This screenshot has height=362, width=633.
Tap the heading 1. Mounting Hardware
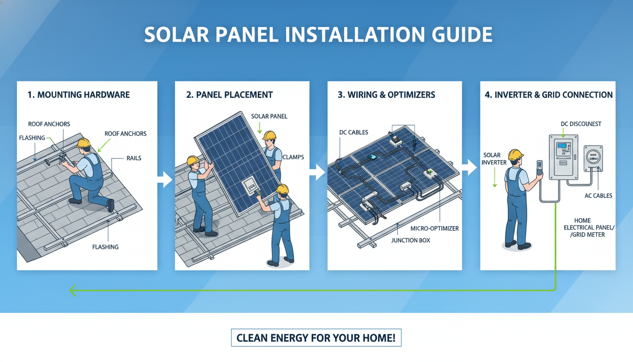[78, 95]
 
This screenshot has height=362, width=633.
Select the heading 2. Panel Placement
[229, 95]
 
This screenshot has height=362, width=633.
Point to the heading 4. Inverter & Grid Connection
[549, 95]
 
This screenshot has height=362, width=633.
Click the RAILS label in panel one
[134, 158]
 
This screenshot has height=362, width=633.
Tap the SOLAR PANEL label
[269, 116]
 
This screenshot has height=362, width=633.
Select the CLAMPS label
[293, 157]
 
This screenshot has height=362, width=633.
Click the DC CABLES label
[353, 132]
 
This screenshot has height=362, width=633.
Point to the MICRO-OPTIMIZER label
[434, 229]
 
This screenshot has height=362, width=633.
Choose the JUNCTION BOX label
[411, 240]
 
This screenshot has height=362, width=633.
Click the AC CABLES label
[599, 196]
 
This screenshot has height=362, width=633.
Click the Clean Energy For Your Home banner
[316, 338]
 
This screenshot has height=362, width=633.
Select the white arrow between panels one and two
[164, 179]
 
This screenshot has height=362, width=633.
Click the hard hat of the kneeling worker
[83, 143]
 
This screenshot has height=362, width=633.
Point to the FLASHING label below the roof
[105, 247]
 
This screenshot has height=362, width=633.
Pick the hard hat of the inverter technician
[516, 155]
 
